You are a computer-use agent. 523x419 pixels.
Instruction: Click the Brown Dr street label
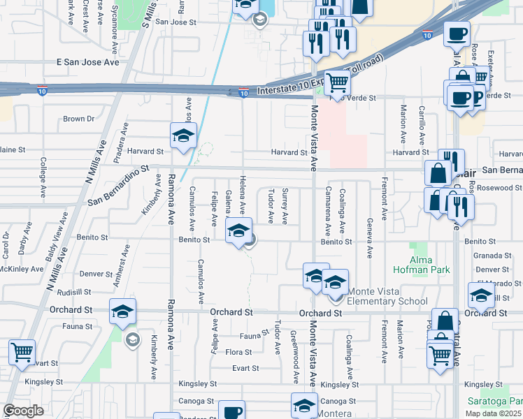coord(78,119)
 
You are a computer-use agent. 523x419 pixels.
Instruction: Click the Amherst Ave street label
coord(122,264)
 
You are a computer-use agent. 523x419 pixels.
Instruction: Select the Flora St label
coord(238,352)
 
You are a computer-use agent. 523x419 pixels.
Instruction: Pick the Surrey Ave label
coord(285,206)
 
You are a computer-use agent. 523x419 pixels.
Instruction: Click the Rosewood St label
coord(499,188)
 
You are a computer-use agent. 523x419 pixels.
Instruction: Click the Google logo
coord(23,411)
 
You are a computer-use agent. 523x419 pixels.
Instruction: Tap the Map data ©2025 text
coord(493,413)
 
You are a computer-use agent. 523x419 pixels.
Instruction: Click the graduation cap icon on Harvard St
coord(183,137)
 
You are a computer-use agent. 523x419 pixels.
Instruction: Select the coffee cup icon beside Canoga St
coord(231,411)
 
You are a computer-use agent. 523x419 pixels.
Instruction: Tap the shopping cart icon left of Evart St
coord(22,353)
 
